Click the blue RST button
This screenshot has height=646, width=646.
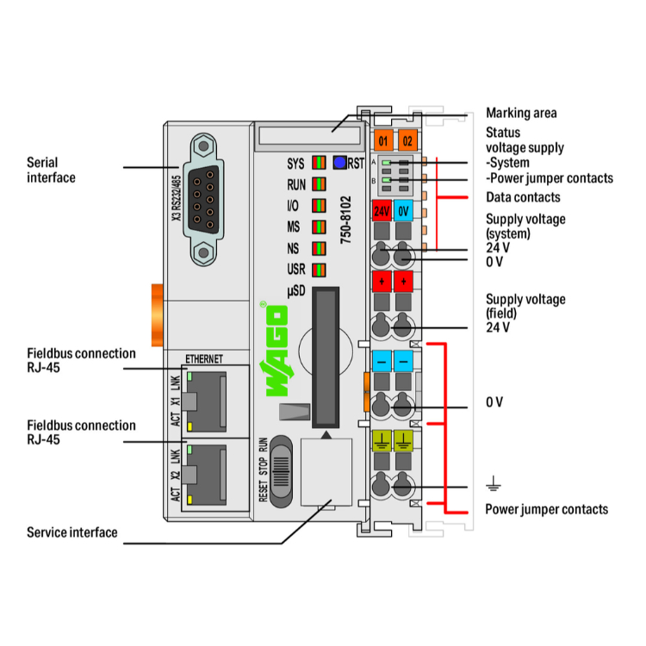click(339, 162)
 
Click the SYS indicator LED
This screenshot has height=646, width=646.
click(319, 162)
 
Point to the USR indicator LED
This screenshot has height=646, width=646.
click(319, 270)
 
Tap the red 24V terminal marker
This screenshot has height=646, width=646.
click(382, 211)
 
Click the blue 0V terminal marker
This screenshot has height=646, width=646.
click(404, 211)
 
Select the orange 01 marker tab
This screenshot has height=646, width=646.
click(382, 140)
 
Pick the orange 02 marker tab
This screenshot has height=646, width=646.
click(407, 140)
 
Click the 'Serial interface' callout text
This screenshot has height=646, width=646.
click(51, 170)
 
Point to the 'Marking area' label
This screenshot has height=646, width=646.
click(521, 113)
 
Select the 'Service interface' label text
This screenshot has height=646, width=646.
click(71, 532)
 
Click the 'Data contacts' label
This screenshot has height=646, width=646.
click(523, 197)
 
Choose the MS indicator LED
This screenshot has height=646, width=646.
click(319, 227)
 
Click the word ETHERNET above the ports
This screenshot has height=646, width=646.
click(204, 358)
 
